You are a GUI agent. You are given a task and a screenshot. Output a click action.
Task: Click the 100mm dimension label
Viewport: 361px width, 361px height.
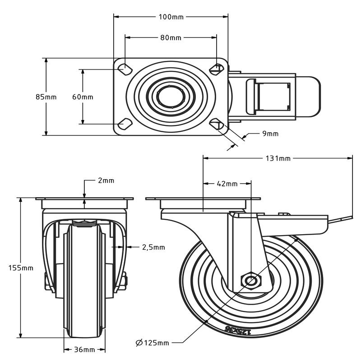coord(171,17)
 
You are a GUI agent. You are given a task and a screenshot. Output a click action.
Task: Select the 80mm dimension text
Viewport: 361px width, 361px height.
coord(171,38)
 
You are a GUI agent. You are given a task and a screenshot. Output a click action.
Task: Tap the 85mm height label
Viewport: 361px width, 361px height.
coord(46,97)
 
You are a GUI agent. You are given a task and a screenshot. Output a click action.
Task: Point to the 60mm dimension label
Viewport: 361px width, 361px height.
coord(83,97)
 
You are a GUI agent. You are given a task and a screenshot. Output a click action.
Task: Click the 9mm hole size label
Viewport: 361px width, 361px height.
coord(270,134)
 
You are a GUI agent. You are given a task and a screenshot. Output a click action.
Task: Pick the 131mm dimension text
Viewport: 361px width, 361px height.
coord(278,158)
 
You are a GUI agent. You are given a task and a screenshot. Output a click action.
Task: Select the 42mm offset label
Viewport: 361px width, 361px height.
coord(227,184)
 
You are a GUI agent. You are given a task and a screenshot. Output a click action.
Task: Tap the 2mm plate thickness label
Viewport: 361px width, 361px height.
coord(106,180)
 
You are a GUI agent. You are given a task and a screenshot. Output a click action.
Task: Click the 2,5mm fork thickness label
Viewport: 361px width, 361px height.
coord(153,247)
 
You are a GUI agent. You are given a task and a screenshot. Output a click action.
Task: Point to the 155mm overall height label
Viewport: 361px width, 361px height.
coord(21,268)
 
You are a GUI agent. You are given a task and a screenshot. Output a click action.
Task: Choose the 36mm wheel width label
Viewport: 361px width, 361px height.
coord(84,349)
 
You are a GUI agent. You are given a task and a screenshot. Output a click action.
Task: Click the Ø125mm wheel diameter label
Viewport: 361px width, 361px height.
coord(152,343)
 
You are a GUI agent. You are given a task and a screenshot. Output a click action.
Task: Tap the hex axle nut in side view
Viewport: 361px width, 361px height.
coord(250,280)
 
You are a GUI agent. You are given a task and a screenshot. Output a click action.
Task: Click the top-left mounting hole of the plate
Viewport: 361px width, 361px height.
coord(123,69)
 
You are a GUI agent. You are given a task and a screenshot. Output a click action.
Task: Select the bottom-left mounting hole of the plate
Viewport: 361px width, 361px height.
coord(123,124)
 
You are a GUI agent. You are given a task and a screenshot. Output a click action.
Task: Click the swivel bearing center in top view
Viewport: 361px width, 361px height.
coord(171,96)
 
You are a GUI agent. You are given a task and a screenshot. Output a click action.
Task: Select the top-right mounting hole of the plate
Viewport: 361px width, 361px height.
coord(217,69)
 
